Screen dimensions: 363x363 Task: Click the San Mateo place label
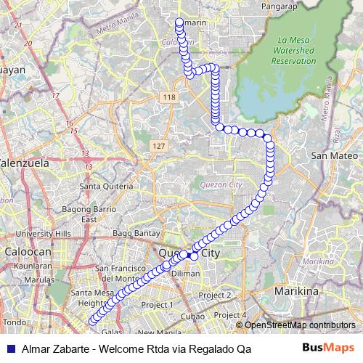(x=334, y=155)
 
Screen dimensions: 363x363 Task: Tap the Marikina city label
(x=297, y=290)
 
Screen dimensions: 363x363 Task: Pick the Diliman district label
(x=186, y=273)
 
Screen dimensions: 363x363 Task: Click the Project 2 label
(x=215, y=295)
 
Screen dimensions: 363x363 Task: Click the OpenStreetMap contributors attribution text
(x=299, y=325)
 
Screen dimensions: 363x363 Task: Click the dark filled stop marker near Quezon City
(x=186, y=254)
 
